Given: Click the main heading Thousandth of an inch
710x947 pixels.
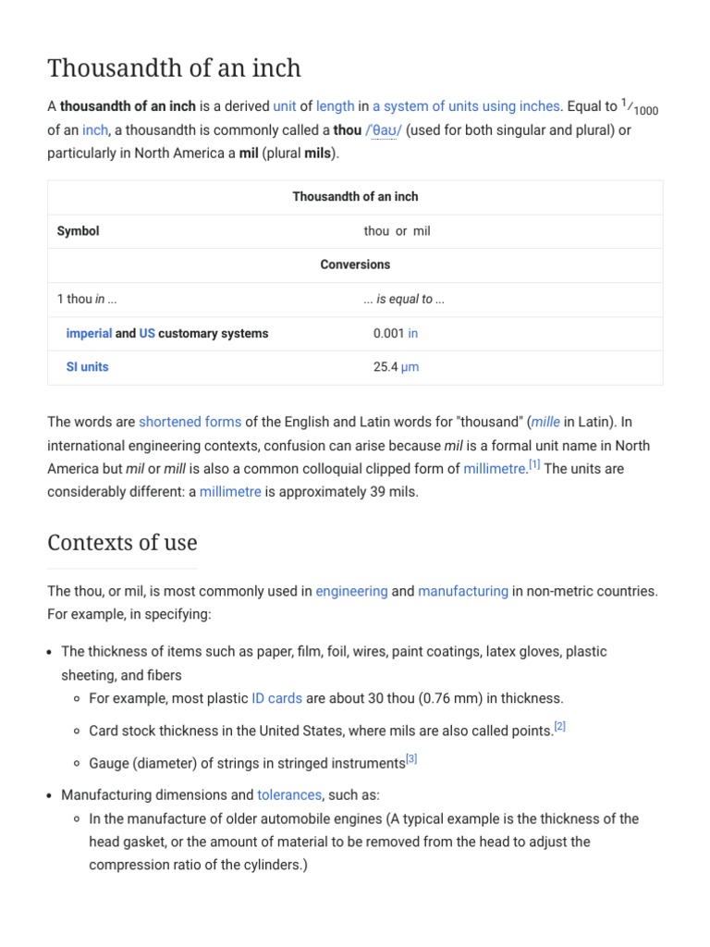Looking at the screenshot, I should click(174, 68).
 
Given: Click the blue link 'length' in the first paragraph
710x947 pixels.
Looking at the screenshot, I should click(335, 106).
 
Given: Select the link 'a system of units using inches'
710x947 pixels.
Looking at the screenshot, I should click(467, 106).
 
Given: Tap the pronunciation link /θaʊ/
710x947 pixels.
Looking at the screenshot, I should click(384, 130).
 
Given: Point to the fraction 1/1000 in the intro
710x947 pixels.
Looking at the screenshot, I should click(640, 107).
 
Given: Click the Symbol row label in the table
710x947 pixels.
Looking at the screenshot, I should click(78, 231).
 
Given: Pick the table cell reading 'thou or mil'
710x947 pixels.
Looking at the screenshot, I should click(397, 231).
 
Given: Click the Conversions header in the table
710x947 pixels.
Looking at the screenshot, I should click(355, 264).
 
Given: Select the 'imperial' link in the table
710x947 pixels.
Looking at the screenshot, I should click(89, 333).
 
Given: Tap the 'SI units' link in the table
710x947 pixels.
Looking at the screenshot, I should click(87, 367).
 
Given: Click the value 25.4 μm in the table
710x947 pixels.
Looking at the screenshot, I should click(396, 367).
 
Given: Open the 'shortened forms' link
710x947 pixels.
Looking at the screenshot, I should click(190, 422).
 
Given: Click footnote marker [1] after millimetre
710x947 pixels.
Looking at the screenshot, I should click(534, 465).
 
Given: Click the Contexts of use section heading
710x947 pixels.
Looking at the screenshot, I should click(122, 542).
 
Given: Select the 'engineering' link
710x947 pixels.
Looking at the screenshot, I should click(351, 591).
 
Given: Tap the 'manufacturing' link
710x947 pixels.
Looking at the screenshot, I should click(463, 591).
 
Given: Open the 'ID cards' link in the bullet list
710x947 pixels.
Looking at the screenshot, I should click(276, 698).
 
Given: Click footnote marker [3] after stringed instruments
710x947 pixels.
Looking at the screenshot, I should click(411, 759).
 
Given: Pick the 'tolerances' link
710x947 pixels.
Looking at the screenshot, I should click(288, 794).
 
